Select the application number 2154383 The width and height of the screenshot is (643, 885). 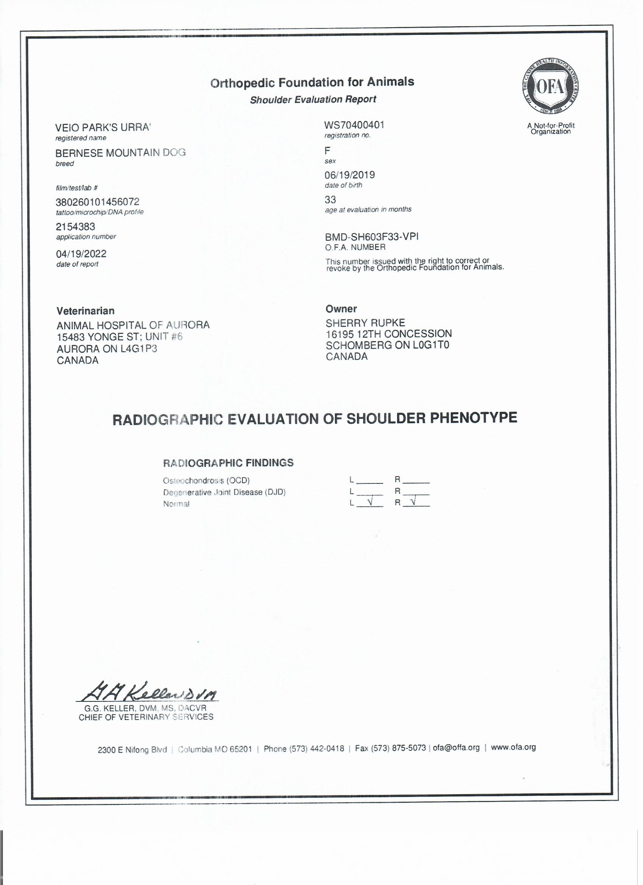point(76,227)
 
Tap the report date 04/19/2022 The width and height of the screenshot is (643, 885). point(81,254)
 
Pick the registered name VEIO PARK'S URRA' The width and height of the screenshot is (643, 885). point(103,128)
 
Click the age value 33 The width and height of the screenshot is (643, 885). point(330,200)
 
